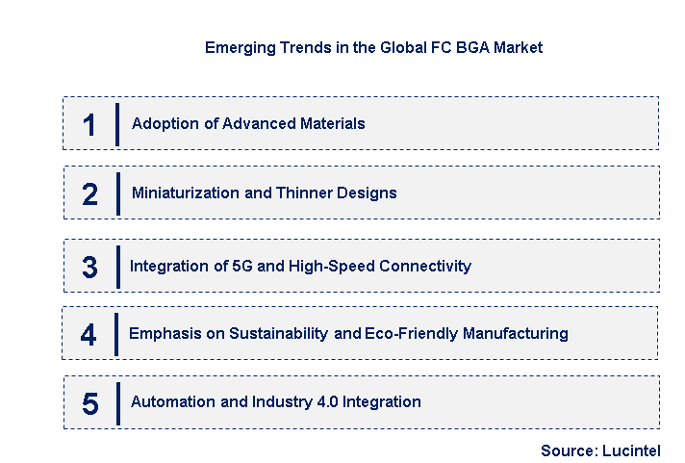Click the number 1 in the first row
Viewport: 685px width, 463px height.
coord(89,124)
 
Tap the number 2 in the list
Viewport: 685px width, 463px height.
coord(89,193)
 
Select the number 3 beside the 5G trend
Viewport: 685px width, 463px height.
coord(89,267)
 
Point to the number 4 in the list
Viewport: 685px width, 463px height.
coord(89,334)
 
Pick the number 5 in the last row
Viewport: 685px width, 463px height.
coord(89,403)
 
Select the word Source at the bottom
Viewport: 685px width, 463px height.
coord(567,450)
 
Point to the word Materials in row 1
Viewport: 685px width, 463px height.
coord(331,123)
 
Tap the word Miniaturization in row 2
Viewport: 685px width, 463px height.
coord(185,193)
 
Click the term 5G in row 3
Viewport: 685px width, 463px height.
coord(243,266)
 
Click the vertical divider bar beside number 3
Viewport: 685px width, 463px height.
coord(117,267)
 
